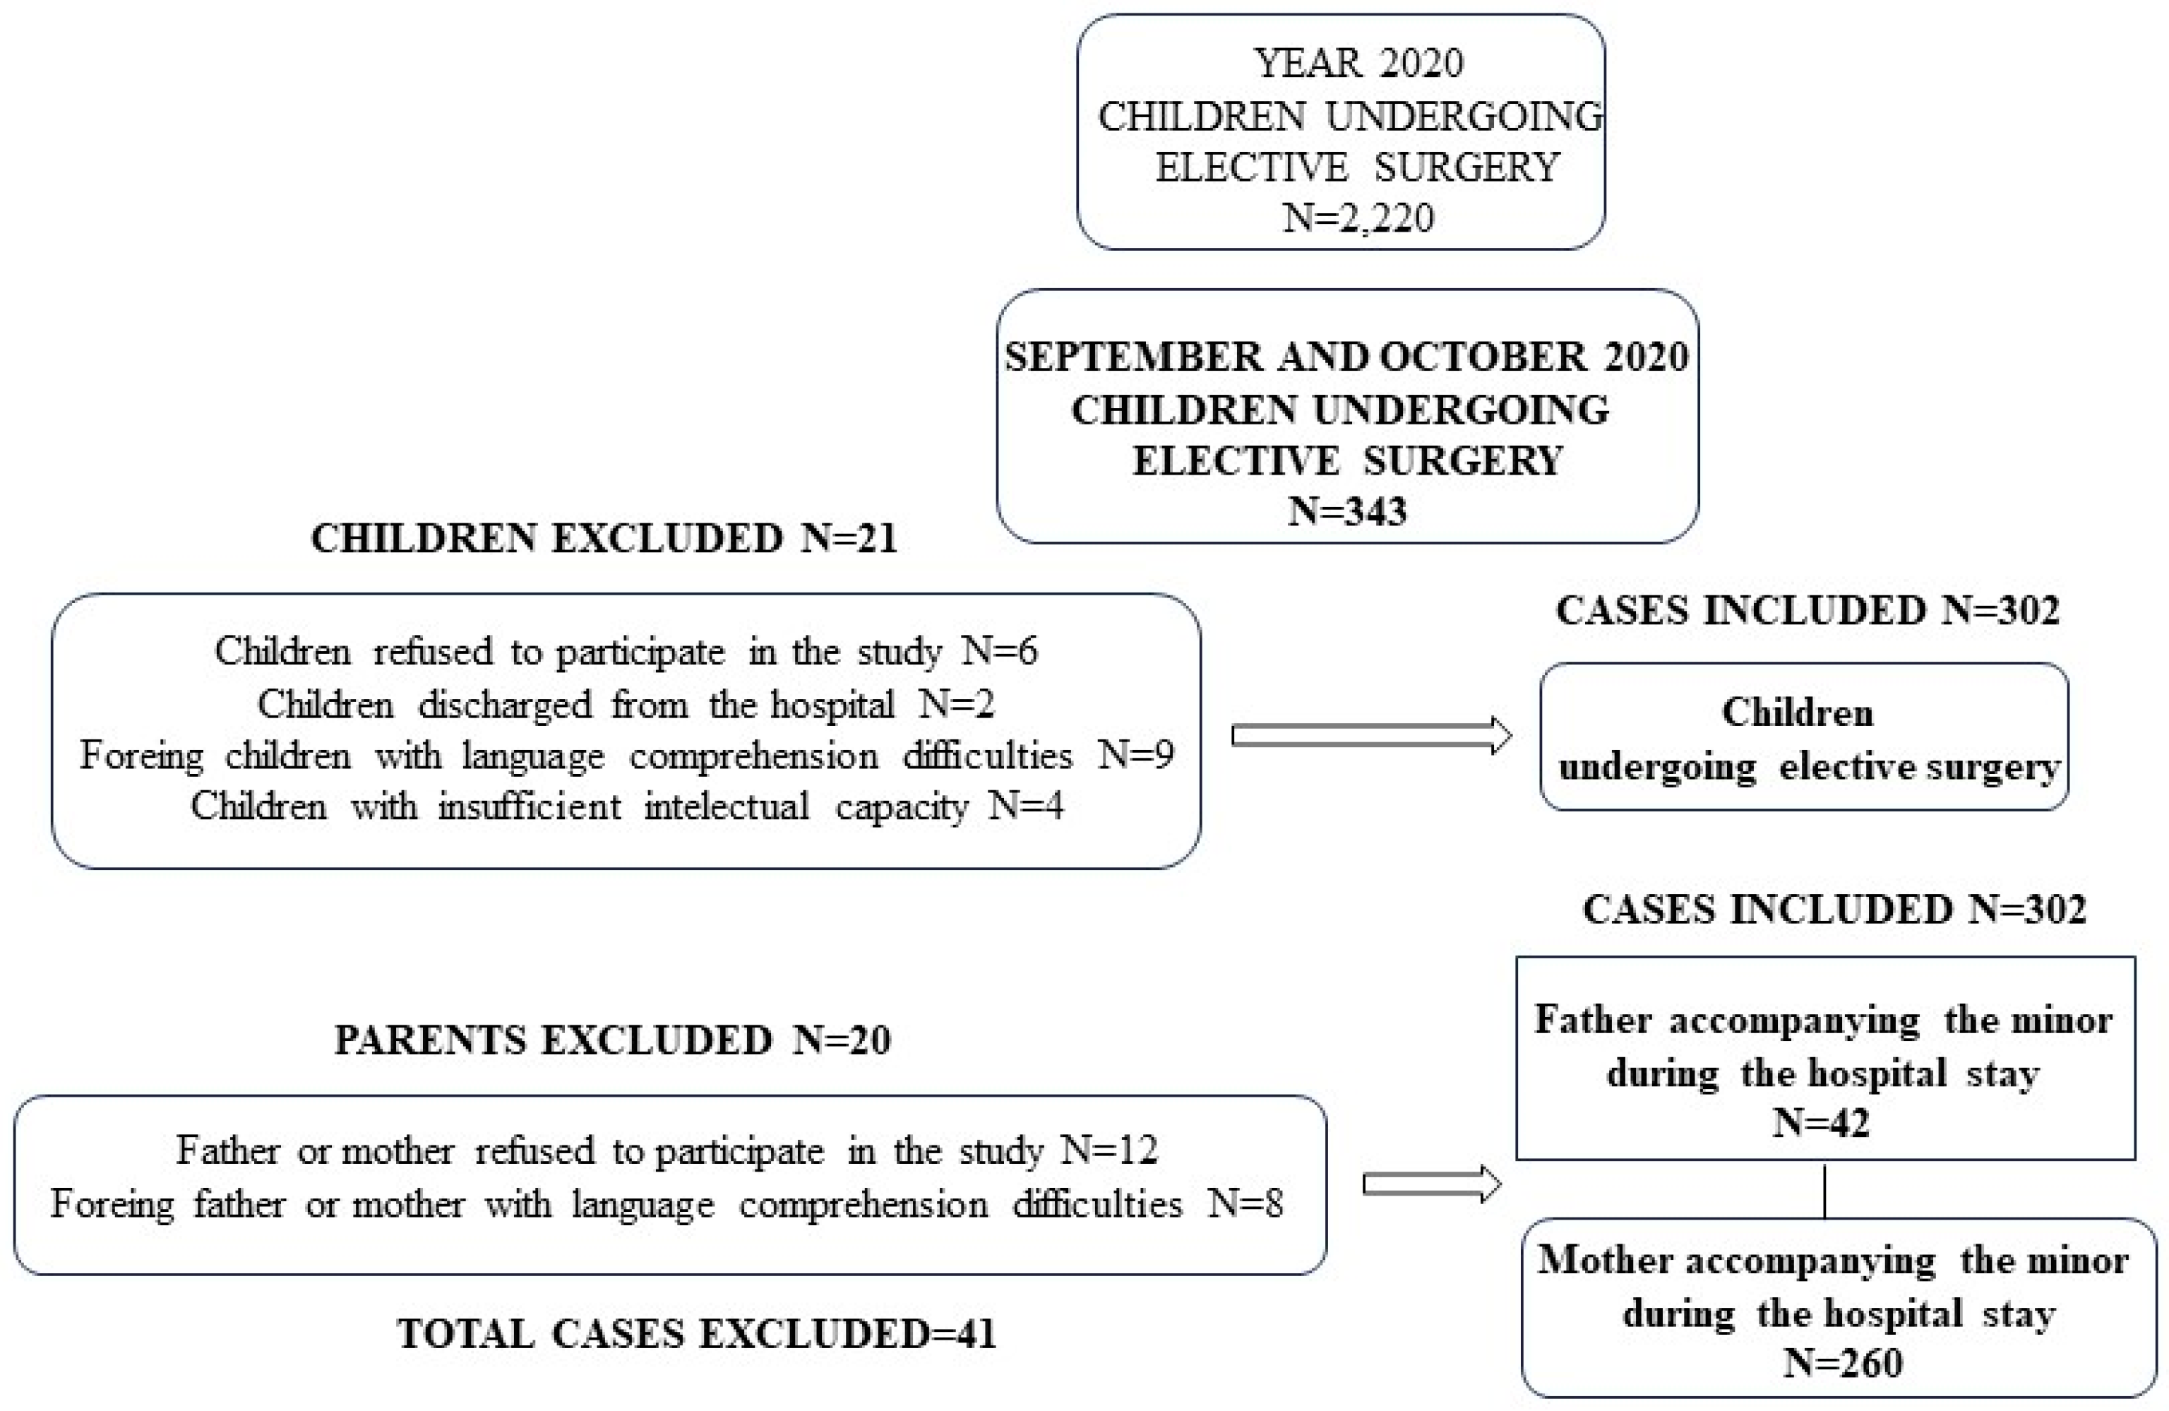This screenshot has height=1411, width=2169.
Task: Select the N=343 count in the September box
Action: pos(1347,511)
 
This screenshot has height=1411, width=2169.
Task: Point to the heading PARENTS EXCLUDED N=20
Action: pos(612,1040)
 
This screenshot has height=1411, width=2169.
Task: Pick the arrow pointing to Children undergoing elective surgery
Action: pos(1372,736)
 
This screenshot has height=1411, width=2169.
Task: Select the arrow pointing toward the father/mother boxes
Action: pos(1430,1184)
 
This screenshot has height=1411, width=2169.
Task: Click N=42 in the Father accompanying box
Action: pos(1821,1123)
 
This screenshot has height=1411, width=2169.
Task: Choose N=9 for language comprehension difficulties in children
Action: pos(1135,756)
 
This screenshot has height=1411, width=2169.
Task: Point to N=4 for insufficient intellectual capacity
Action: pos(1026,806)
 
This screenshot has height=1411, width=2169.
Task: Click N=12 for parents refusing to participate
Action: pos(1109,1151)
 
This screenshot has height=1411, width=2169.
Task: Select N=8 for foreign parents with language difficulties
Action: pos(1245,1205)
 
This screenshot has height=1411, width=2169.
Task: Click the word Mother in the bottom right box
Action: pos(1604,1261)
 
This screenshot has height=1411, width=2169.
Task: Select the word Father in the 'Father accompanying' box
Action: pos(1592,1020)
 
